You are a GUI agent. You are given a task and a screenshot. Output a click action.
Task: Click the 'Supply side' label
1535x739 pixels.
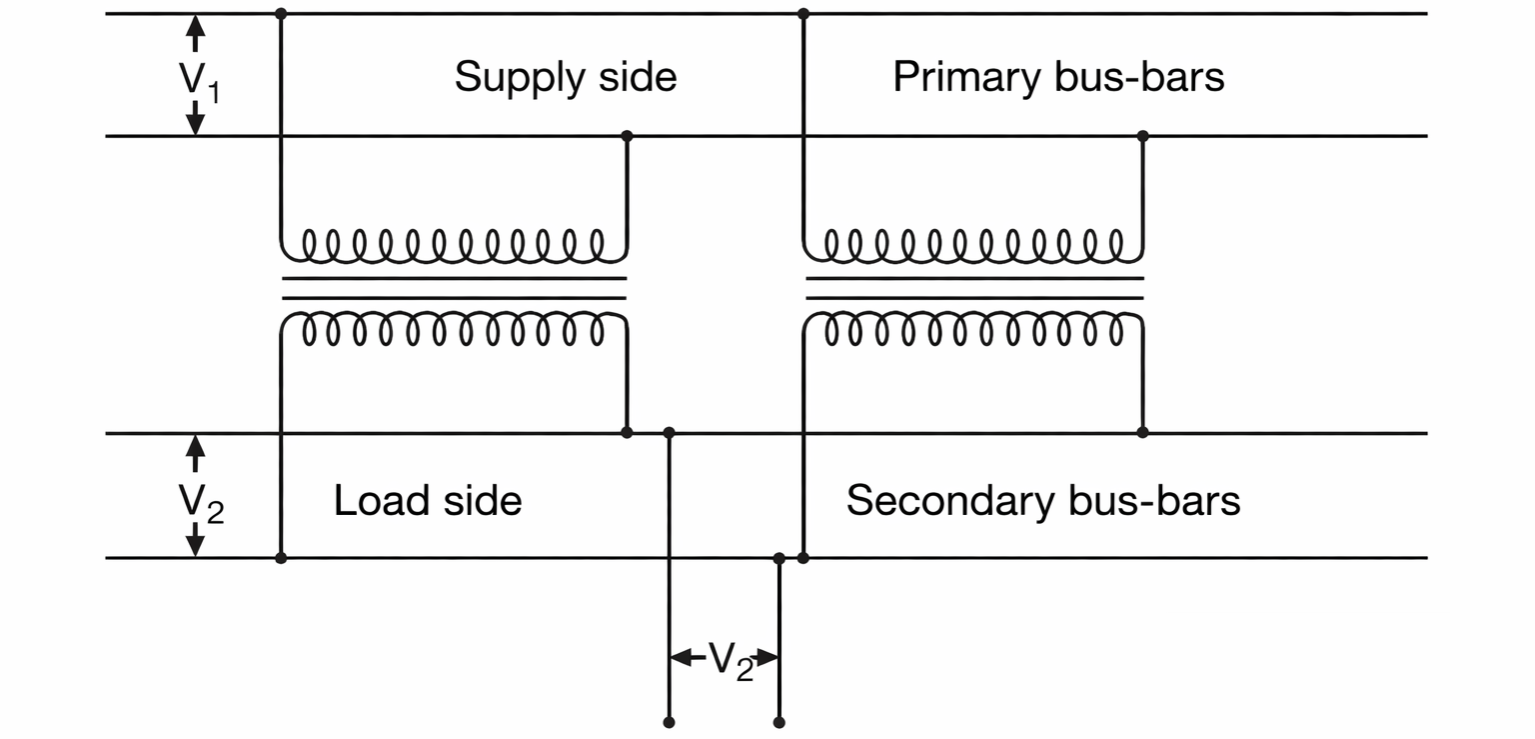pyautogui.click(x=566, y=77)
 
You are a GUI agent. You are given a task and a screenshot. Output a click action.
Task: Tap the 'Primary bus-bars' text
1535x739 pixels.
pyautogui.click(x=1058, y=77)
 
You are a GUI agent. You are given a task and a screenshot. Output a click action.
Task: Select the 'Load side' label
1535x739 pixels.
pyautogui.click(x=428, y=500)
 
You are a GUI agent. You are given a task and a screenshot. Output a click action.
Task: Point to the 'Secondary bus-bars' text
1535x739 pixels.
pyautogui.click(x=1043, y=500)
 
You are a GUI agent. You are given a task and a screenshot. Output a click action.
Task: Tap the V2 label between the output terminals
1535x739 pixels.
pyautogui.click(x=731, y=661)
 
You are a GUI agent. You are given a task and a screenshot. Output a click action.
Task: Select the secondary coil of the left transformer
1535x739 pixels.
pyautogui.click(x=454, y=329)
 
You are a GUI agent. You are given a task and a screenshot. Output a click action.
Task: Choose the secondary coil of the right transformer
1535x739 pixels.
pyautogui.click(x=974, y=329)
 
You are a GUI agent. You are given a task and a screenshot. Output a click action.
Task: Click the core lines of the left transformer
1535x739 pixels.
pyautogui.click(x=454, y=288)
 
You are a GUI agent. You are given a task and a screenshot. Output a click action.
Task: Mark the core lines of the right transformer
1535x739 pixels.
pyautogui.click(x=974, y=288)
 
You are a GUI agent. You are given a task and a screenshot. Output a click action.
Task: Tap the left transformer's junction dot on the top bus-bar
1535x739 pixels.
pyautogui.click(x=281, y=14)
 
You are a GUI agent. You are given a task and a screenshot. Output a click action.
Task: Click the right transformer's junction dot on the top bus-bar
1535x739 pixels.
pyautogui.click(x=803, y=14)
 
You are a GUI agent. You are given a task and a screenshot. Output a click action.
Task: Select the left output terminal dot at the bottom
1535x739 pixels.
pyautogui.click(x=669, y=721)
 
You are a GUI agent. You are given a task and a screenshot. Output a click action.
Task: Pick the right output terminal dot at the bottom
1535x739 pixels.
pyautogui.click(x=779, y=721)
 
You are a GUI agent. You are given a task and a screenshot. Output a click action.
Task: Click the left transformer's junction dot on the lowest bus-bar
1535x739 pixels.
pyautogui.click(x=281, y=557)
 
